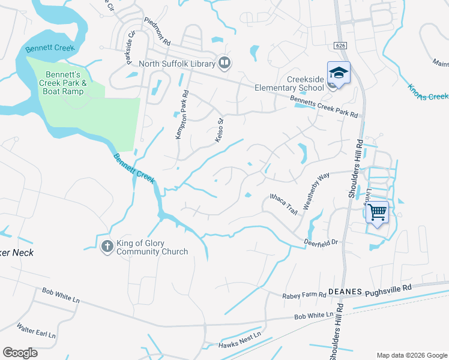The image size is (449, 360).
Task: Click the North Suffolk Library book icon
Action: point(224,62)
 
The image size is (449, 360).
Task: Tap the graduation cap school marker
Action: point(339,73)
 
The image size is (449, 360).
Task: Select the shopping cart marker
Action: point(377,212)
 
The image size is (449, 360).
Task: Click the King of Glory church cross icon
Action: point(107,246)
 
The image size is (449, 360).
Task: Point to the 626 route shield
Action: point(340,45)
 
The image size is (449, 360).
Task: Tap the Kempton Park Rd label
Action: point(182,115)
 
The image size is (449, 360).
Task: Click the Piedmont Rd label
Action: point(157,31)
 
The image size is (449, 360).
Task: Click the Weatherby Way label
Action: point(316,190)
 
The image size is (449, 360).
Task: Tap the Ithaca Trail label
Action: point(283,204)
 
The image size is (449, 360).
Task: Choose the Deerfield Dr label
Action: point(321,242)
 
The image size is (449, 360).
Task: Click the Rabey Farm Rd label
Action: point(304,295)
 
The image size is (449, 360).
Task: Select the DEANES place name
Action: point(345,291)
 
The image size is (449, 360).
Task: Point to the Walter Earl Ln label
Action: point(36,330)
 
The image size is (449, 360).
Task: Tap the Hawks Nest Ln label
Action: point(240,340)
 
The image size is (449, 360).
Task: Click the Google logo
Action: point(20,353)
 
